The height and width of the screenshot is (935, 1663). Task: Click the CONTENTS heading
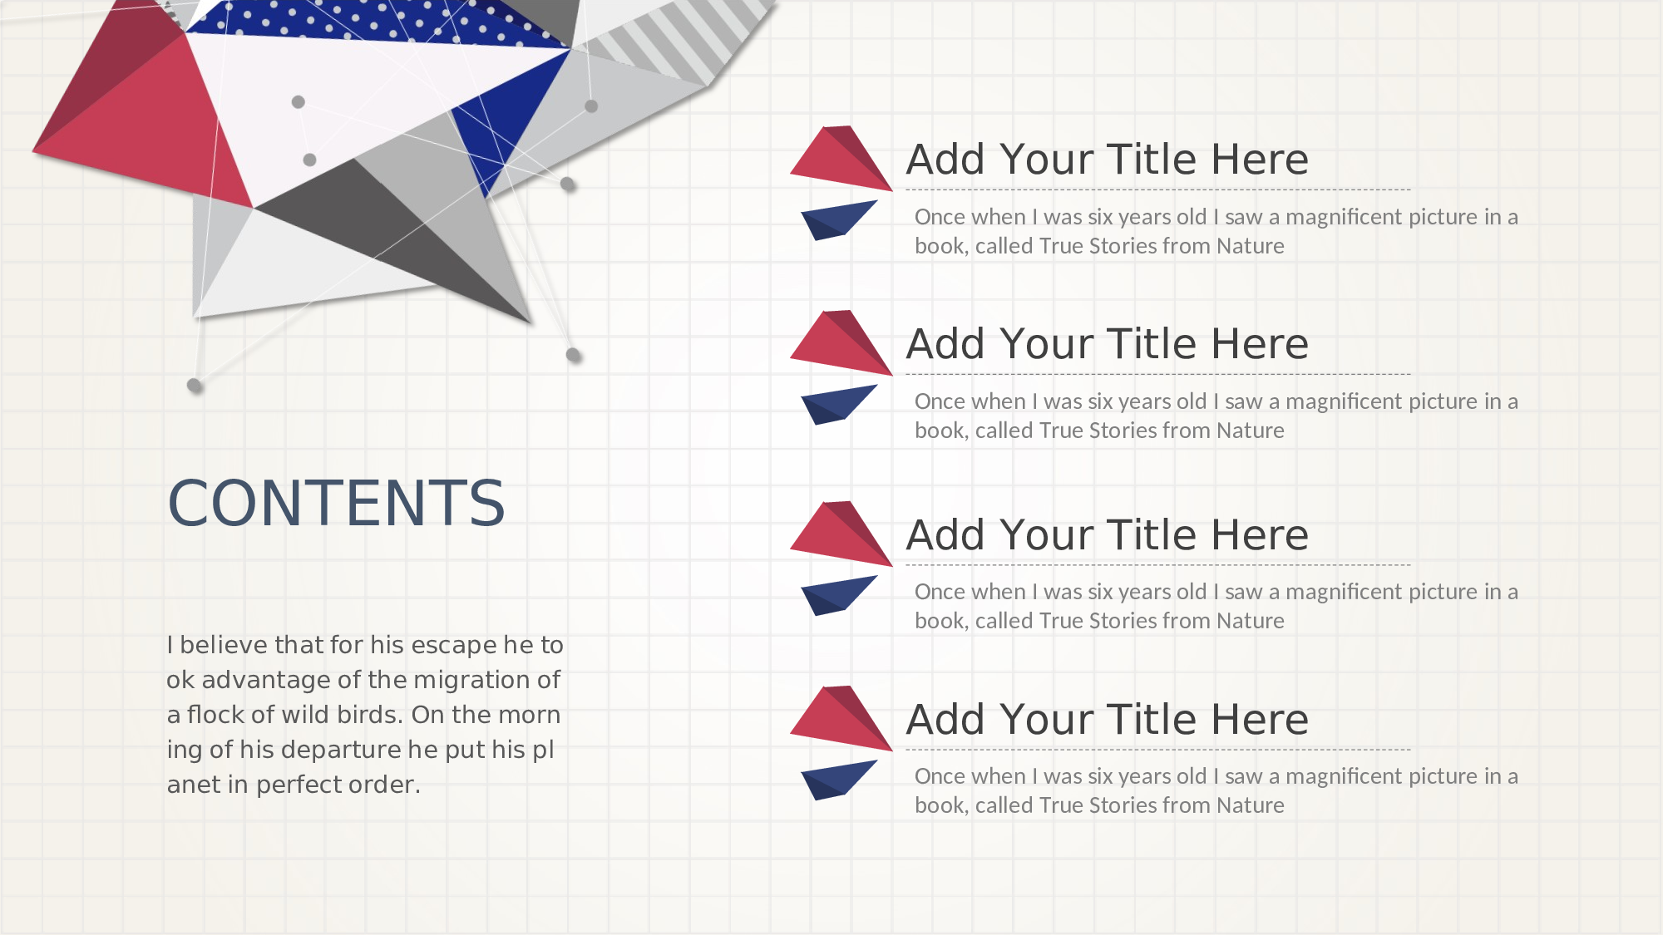pyautogui.click(x=336, y=503)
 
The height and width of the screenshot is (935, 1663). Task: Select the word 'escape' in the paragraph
pyautogui.click(x=454, y=646)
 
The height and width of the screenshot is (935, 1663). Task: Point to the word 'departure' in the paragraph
pyautogui.click(x=337, y=750)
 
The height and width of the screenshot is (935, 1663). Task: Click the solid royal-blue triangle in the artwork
pyautogui.click(x=507, y=116)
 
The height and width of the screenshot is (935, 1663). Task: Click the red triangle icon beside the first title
pyautogui.click(x=841, y=158)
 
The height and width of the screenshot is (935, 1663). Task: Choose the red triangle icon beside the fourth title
pyautogui.click(x=841, y=718)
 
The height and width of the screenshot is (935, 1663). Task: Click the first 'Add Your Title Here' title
pyautogui.click(x=1108, y=160)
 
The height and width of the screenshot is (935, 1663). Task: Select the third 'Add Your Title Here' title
pyautogui.click(x=1108, y=535)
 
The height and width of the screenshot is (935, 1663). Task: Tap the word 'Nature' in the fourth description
pyautogui.click(x=1250, y=805)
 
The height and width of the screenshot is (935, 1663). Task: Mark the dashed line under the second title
pyautogui.click(x=1158, y=374)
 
